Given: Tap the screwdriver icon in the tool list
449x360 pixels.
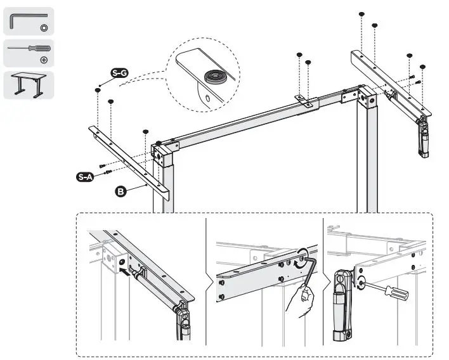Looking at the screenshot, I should coord(28,48).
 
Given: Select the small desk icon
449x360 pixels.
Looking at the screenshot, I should coord(29,84).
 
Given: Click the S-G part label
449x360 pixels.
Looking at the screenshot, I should coord(119,74).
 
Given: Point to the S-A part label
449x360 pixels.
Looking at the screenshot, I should coord(85,177).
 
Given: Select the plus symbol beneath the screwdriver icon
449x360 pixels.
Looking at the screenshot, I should coord(44,60).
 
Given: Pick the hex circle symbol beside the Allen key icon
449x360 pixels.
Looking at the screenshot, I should coord(44,29).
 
